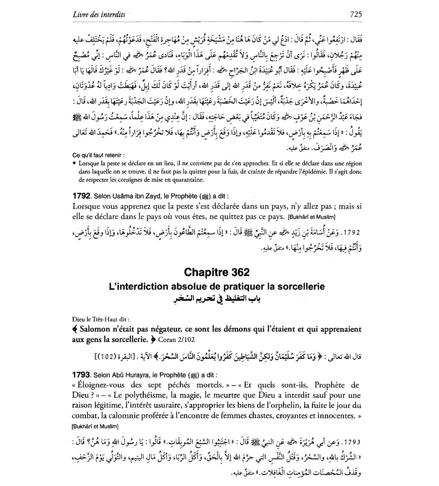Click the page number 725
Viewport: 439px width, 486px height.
pos(356,14)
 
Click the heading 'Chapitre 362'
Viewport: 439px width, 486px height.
pos(217,272)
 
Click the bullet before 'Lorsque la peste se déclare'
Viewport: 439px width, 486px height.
pos(74,164)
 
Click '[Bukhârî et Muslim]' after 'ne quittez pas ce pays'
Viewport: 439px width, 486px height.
pos(311,217)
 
